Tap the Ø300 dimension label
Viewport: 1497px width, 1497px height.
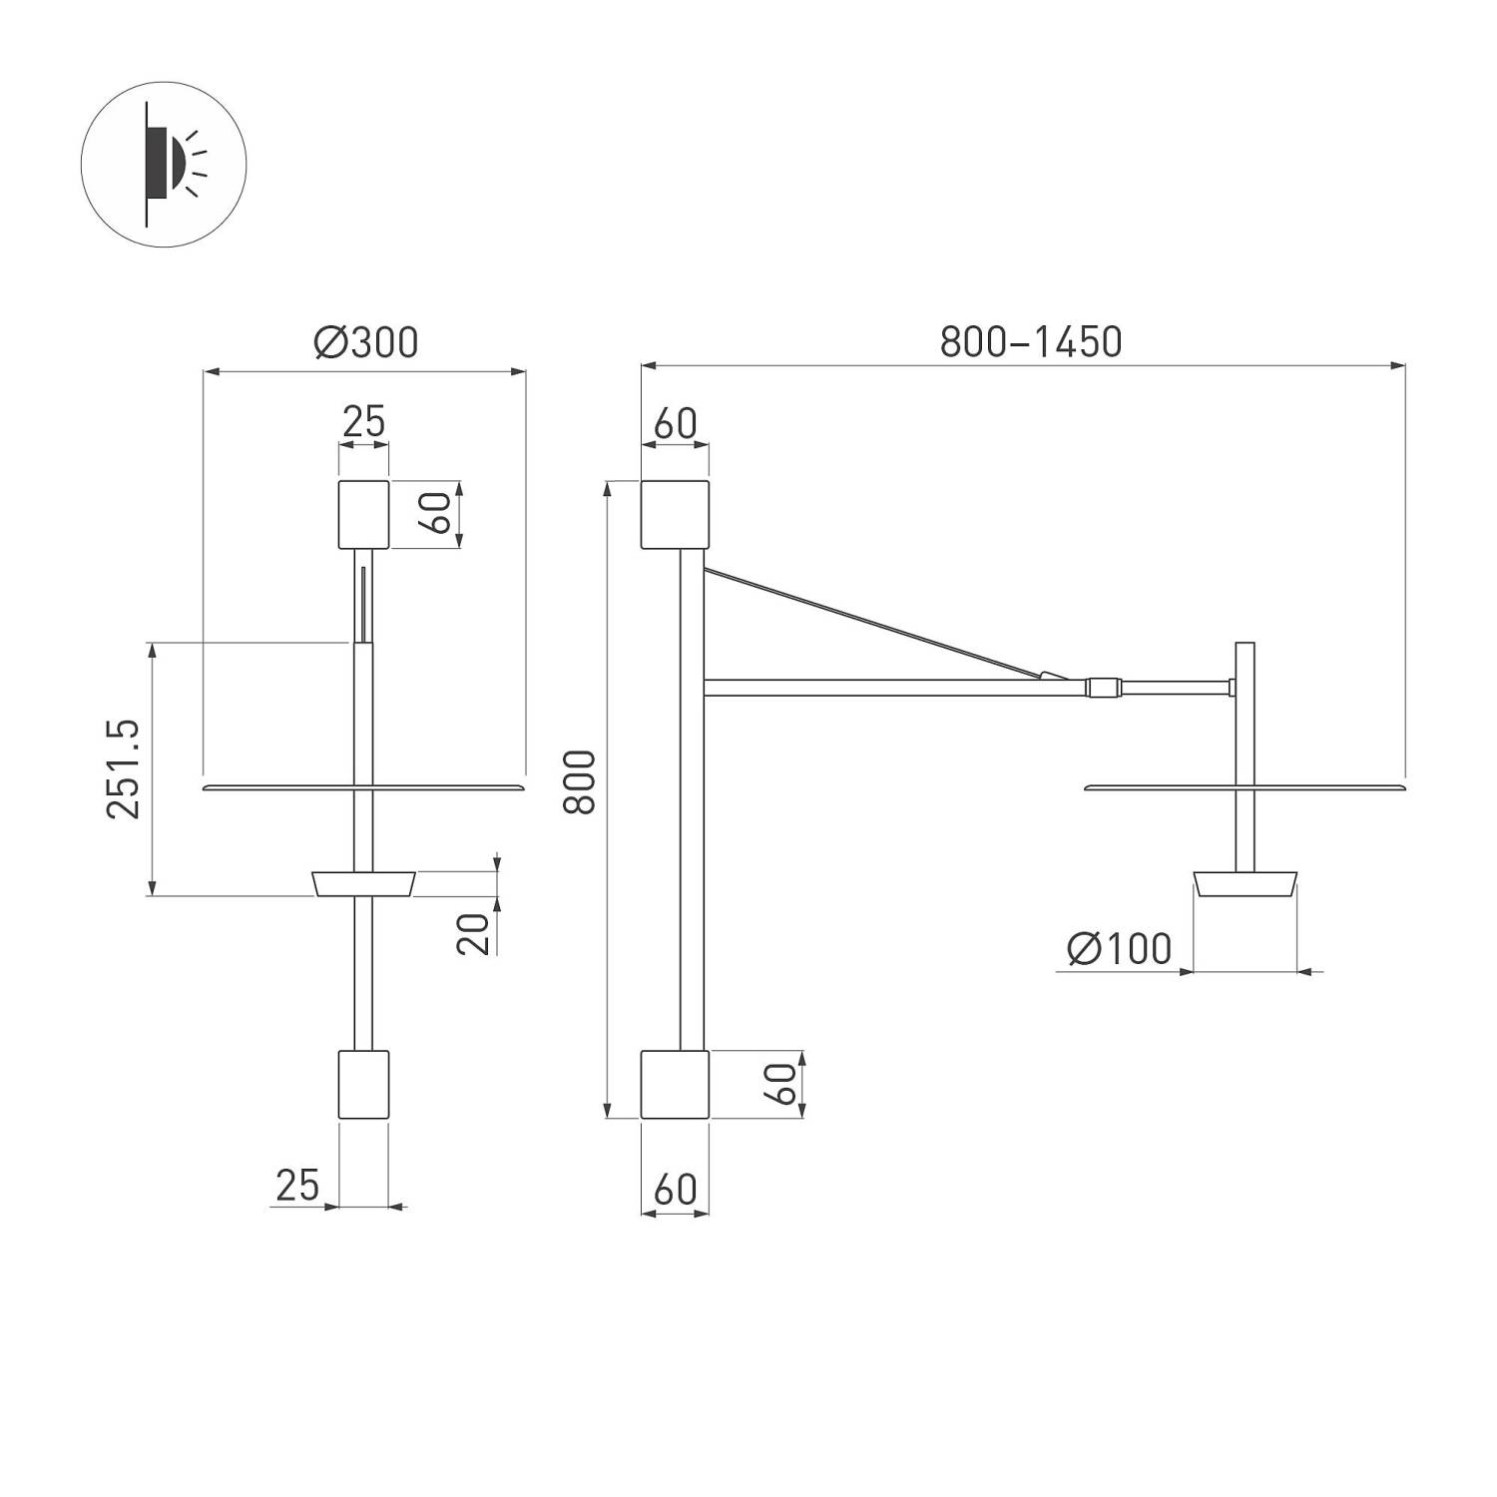point(365,342)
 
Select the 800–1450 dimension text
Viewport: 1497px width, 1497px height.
point(1030,342)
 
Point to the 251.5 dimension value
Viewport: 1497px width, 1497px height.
point(125,768)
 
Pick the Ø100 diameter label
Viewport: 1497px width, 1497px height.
point(1118,948)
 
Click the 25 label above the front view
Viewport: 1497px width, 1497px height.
point(363,422)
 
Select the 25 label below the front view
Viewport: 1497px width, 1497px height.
point(296,1186)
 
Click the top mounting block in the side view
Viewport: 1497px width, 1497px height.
point(675,514)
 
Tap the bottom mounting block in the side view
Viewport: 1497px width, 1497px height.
point(675,1084)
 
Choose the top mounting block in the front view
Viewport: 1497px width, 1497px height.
point(363,514)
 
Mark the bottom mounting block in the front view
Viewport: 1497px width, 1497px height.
point(363,1084)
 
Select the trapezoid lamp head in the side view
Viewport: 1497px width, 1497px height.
point(1245,883)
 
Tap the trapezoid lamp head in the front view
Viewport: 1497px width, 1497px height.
point(363,883)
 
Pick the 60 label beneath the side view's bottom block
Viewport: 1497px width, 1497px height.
point(675,1190)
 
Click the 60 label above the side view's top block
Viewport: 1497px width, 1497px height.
point(675,423)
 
